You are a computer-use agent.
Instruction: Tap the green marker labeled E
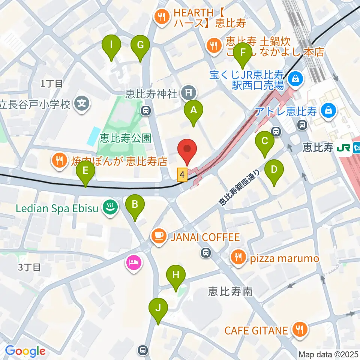pos(85,172)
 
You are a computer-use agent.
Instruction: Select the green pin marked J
pos(158,309)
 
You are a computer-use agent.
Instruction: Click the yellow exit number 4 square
pos(182,175)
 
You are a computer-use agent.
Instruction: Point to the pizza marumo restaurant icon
pos(237,258)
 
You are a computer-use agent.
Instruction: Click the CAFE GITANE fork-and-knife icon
pos(300,330)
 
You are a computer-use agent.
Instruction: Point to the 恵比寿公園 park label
pos(126,139)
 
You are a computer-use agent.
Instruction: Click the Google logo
pos(25,351)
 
